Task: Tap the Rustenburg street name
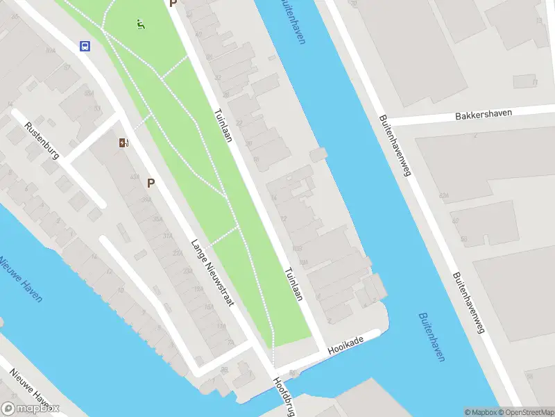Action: (42, 140)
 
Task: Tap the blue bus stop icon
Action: (85, 47)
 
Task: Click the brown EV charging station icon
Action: (123, 143)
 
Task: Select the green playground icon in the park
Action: (142, 25)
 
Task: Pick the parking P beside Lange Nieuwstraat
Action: (151, 183)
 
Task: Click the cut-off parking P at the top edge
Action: (173, 3)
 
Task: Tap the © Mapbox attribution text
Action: (479, 412)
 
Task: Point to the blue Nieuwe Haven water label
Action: (20, 278)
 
